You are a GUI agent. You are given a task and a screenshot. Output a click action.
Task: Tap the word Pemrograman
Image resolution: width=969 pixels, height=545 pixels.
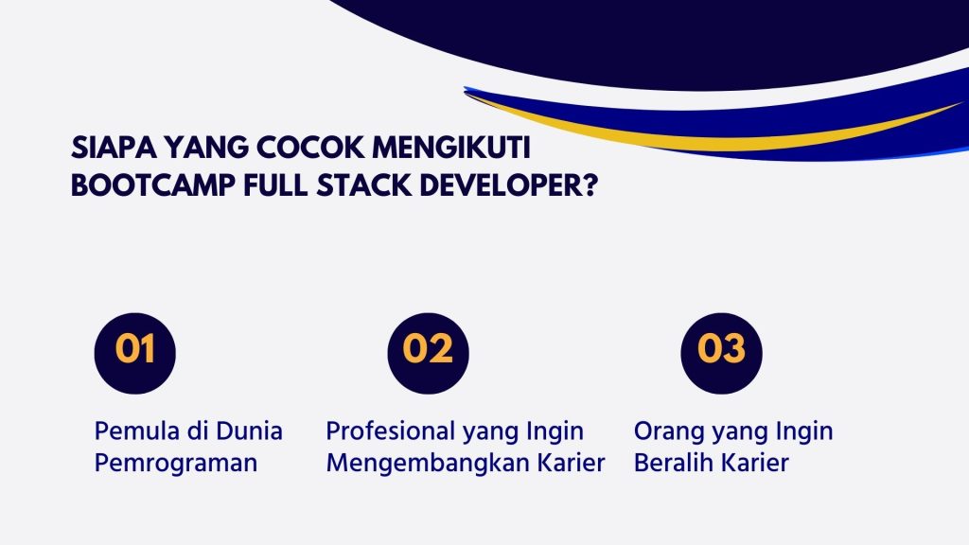coord(176,465)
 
